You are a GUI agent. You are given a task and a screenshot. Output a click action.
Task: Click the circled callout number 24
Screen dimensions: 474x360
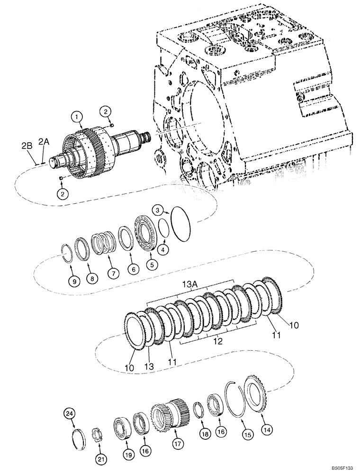click(70, 415)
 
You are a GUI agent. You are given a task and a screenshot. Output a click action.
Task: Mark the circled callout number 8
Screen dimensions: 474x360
click(92, 278)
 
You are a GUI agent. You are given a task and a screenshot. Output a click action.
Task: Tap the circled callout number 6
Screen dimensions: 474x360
click(133, 269)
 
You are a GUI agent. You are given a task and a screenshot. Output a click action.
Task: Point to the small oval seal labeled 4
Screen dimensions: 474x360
click(163, 228)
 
